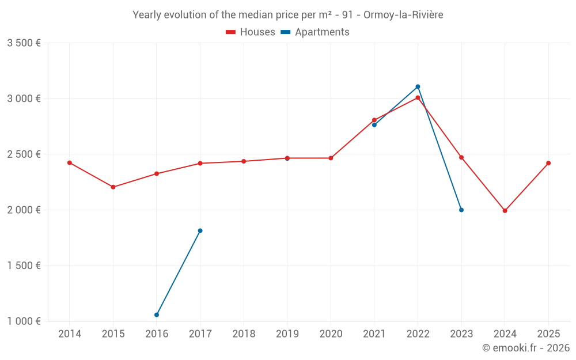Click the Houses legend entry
point(251,32)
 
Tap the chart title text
point(288,15)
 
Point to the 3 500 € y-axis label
point(24,43)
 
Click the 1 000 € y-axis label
point(24,321)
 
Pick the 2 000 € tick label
point(24,210)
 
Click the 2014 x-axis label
point(70,334)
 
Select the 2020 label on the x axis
point(331,334)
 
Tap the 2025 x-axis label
point(548,334)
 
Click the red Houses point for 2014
point(70,163)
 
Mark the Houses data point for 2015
point(113,187)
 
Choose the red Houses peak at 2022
point(418,98)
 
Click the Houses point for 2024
point(505,211)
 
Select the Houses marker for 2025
point(548,163)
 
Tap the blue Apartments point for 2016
point(157,315)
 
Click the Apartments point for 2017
point(200,231)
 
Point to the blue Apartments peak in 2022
point(418,87)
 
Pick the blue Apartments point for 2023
point(461,210)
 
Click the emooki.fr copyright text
point(526,348)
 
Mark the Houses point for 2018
point(244,161)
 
